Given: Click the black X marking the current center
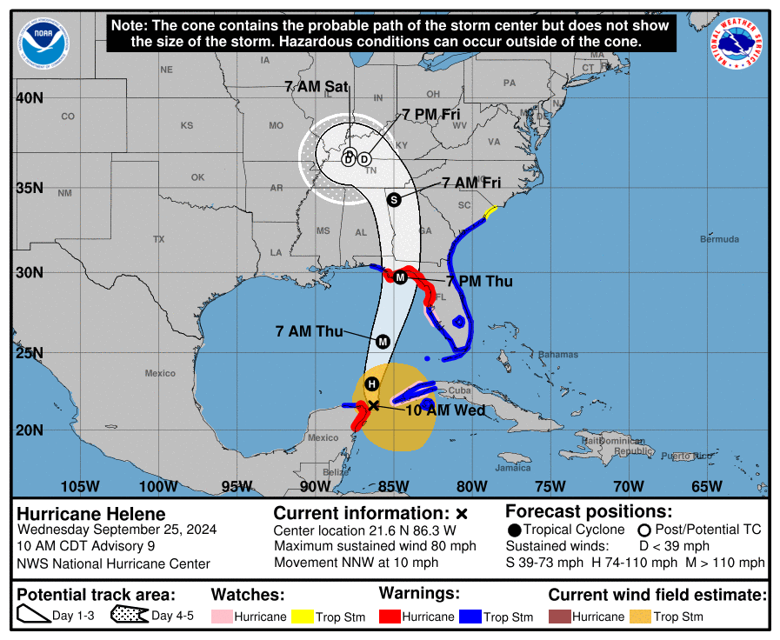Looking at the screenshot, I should [x=373, y=405].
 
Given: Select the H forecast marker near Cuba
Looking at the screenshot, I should [x=372, y=384].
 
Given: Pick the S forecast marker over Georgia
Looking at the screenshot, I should [x=394, y=199].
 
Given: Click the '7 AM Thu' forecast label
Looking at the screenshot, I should [x=309, y=330].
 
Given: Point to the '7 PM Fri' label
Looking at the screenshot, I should [x=430, y=114].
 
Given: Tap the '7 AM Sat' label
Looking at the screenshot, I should [x=316, y=86].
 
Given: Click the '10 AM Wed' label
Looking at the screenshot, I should [x=445, y=410].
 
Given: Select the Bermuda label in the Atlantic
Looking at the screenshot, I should [x=720, y=239].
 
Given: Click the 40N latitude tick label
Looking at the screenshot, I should [x=30, y=97].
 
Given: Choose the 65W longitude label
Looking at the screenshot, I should [x=706, y=486].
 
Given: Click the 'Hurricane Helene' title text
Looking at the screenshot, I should [x=91, y=514].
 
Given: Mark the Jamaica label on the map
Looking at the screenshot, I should [x=513, y=468].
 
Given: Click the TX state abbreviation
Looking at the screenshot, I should [x=158, y=238].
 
